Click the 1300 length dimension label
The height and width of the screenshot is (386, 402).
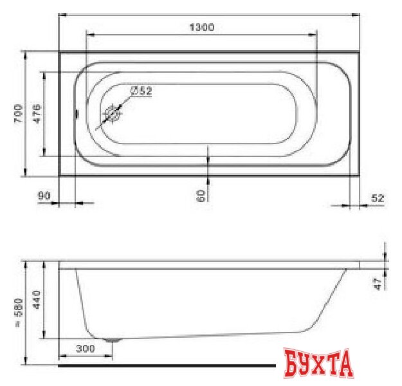coord(202,27)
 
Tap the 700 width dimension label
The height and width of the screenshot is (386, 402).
coord(19,113)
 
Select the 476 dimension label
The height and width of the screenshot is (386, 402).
coord(37,113)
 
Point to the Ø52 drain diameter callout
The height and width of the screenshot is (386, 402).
coord(142,91)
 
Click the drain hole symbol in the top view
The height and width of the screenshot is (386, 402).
coord(113,114)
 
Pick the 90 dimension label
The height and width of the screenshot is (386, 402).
coord(44,196)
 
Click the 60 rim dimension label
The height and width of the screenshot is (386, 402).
coord(201,196)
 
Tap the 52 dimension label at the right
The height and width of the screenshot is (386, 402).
coord(378,198)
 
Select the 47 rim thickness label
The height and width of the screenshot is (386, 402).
coord(378,284)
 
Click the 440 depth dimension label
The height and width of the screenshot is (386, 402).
coord(37,300)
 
